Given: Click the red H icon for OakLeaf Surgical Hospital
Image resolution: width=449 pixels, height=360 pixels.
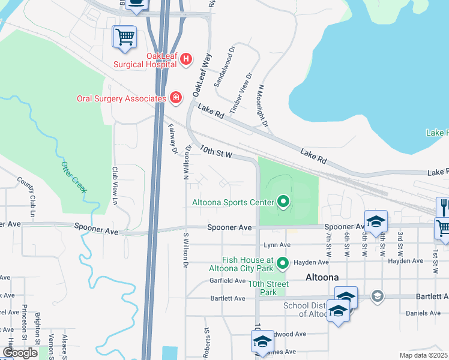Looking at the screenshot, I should pos(186,59).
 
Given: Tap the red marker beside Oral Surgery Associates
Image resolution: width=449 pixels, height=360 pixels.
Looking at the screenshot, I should pos(175,97).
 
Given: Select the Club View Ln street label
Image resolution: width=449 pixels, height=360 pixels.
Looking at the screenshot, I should pos(114,185).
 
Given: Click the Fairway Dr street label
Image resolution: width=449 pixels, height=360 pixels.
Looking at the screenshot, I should pos(173,139).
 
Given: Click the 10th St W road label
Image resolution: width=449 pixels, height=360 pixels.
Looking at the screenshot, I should pos(216,151).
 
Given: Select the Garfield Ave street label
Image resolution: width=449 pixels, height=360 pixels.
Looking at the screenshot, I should pos(227,279).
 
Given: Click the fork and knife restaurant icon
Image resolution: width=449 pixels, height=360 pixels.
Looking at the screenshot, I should pos(443,206).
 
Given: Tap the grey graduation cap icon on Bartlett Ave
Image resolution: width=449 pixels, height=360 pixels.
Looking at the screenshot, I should pos(376,295).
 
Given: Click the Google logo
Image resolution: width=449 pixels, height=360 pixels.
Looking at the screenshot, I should pos(20,353).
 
